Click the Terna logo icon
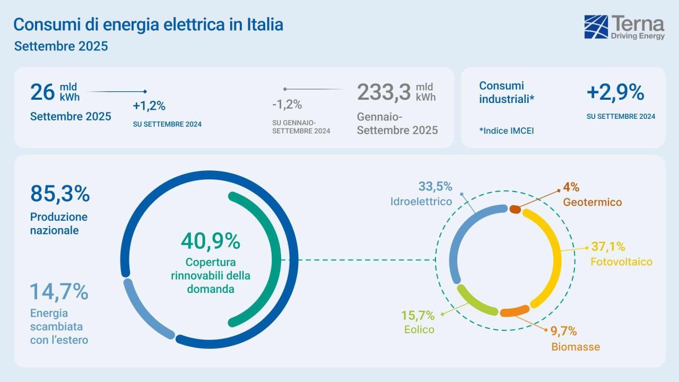tap(596, 27)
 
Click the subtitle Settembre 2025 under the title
tap(61, 46)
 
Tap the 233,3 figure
tap(384, 92)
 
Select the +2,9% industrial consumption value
tap(615, 93)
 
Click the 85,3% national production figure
tap(60, 194)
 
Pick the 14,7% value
tap(58, 291)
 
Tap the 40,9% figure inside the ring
tap(211, 241)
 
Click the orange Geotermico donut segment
tap(515, 210)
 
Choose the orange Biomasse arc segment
tap(514, 312)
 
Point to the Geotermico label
tap(592, 202)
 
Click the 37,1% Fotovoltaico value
tap(607, 247)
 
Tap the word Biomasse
tap(576, 347)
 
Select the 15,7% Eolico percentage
tap(417, 316)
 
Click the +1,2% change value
tap(149, 106)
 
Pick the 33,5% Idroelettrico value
tap(435, 187)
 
